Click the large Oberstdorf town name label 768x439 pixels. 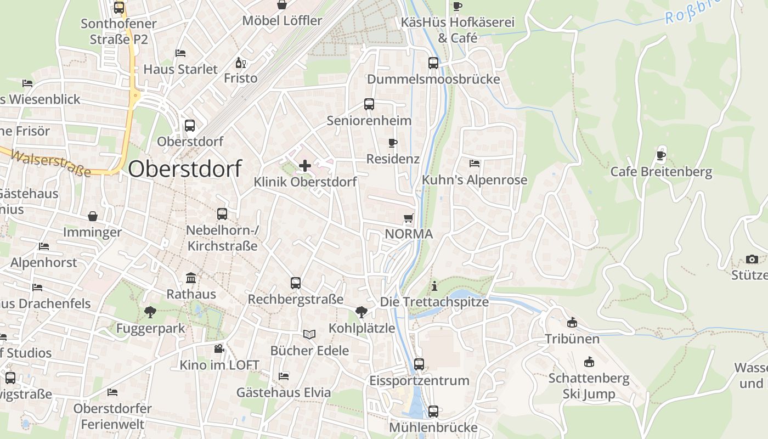pos(185,168)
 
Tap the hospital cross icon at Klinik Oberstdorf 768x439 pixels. pos(305,165)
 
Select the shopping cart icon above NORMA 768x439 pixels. pos(408,218)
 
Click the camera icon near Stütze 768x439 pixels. pos(752,259)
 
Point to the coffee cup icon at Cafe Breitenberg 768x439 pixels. pos(661,155)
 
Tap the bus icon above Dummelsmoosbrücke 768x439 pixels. pos(433,63)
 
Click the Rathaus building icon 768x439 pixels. pos(191,278)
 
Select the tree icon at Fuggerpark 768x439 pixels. pos(150,312)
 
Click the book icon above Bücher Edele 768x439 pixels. pos(309,334)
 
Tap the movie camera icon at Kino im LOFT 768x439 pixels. pos(219,348)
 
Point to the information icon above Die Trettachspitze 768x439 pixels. pos(434,286)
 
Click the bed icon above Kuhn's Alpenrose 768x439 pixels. pos(475,164)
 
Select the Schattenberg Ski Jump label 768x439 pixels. pos(589,386)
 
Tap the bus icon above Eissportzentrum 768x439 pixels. pos(419,364)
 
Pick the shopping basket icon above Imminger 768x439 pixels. pos(92,216)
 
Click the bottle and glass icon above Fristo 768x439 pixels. pos(240,63)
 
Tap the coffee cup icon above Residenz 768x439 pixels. pos(392,143)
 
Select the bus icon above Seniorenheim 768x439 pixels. pos(369,104)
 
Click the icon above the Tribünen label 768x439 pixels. pos(572,322)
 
